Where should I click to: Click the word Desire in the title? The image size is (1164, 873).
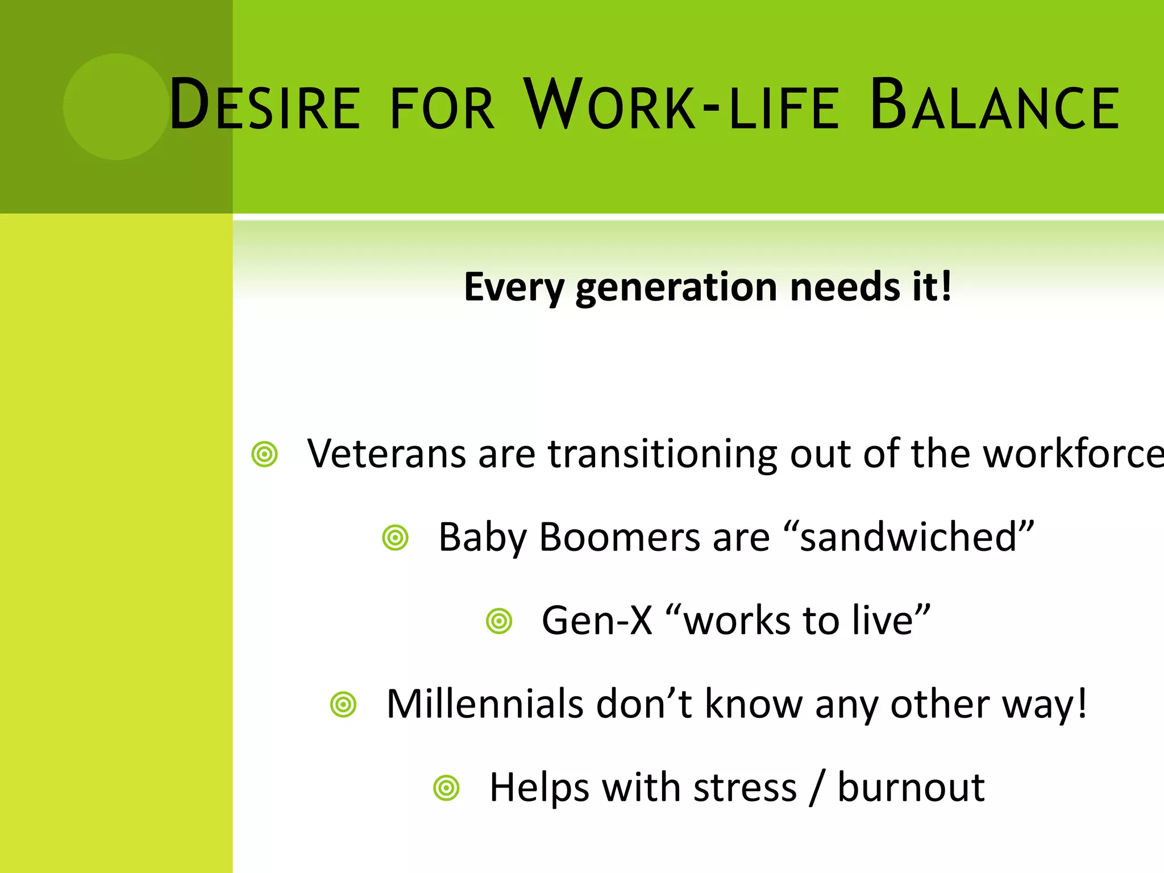(x=264, y=106)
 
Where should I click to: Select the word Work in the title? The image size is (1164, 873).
(x=609, y=106)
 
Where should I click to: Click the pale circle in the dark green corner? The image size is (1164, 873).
(x=117, y=106)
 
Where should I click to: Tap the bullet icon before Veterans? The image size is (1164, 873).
(x=264, y=454)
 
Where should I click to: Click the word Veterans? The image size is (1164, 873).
(x=386, y=454)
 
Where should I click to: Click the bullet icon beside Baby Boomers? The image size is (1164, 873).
(x=396, y=538)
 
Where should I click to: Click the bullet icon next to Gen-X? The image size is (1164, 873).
(x=499, y=621)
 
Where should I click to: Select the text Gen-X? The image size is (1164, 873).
(x=597, y=621)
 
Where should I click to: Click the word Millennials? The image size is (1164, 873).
(x=485, y=704)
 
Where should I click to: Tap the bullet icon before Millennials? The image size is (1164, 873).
(x=343, y=705)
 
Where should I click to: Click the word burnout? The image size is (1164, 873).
(x=911, y=788)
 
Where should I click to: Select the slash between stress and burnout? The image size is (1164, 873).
(x=817, y=788)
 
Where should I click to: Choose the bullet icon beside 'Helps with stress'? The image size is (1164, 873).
(x=446, y=788)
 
